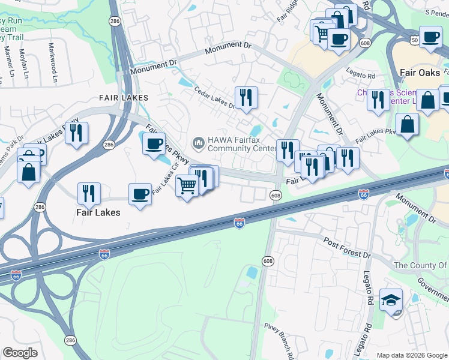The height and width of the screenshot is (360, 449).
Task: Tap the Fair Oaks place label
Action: [x=420, y=72]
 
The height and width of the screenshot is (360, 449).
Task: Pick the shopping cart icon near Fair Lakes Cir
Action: [x=187, y=187]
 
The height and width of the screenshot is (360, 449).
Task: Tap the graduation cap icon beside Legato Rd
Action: [x=391, y=300]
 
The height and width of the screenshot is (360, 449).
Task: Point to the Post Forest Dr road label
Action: [x=348, y=248]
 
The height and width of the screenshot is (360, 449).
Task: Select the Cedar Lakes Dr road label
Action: [x=215, y=98]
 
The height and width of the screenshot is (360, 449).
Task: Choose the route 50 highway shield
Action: [x=397, y=38]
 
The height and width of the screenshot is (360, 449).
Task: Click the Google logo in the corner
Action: [x=20, y=353]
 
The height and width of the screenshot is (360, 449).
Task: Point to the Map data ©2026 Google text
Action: [x=412, y=355]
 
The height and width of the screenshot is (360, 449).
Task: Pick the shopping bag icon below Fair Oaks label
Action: [x=407, y=124]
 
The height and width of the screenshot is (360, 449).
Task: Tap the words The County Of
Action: [x=420, y=265]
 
